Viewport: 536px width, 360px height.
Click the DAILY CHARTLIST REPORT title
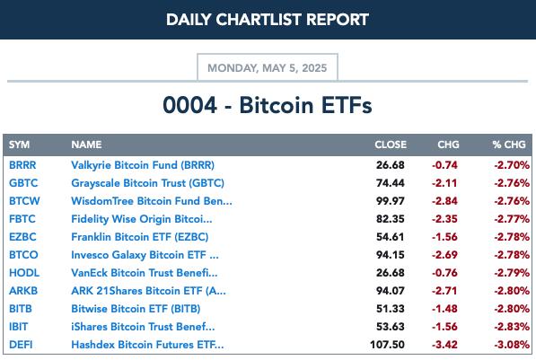(268, 20)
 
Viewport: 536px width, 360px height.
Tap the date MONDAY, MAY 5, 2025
(268, 67)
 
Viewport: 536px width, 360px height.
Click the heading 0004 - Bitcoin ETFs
(268, 105)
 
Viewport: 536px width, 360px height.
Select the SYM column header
(19, 145)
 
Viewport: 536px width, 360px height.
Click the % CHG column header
(509, 145)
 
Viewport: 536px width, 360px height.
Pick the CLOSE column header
(391, 145)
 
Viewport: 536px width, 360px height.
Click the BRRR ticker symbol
(22, 165)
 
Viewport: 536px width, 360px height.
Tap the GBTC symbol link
(23, 183)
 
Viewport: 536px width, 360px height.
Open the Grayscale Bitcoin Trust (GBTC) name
(147, 183)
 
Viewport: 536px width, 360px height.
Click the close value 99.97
(391, 201)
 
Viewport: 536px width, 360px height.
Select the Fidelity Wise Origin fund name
(142, 219)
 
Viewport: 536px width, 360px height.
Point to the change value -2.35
(444, 219)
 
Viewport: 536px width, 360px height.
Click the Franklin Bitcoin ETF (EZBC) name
(140, 237)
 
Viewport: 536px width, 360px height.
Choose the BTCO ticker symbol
(23, 255)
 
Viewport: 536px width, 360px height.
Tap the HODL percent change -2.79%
(512, 273)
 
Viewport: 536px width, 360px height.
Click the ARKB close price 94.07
(391, 291)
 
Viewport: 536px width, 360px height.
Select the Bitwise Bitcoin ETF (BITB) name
(136, 309)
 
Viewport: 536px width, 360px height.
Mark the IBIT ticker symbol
(19, 327)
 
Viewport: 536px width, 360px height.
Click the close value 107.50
(387, 345)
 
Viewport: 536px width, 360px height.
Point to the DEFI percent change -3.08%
(512, 345)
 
